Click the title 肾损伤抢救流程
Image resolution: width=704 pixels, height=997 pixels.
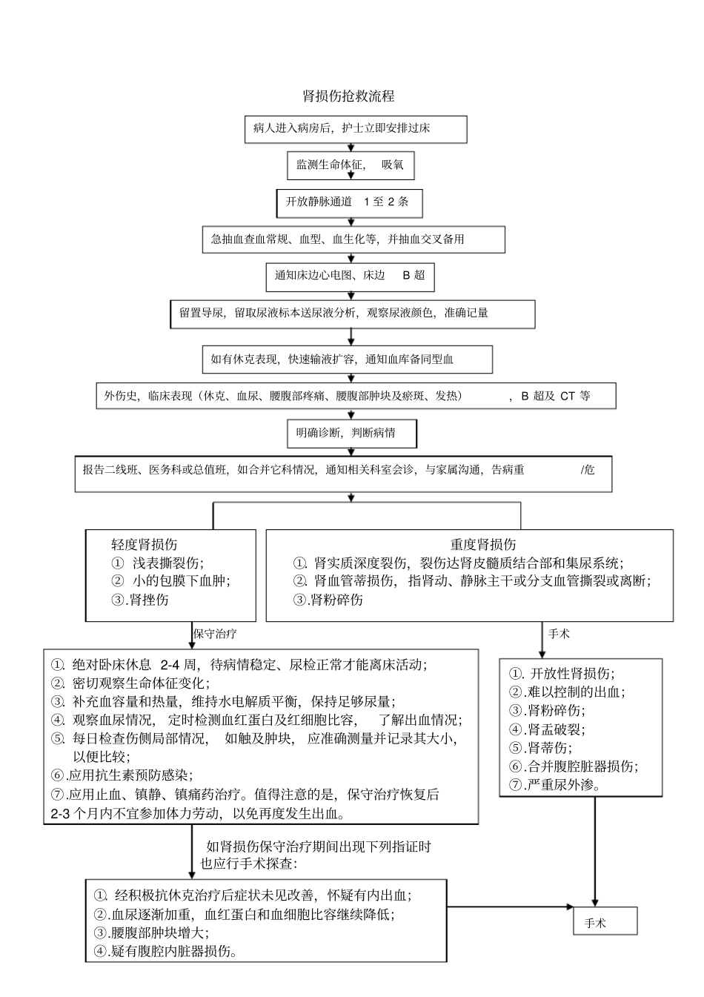click(348, 96)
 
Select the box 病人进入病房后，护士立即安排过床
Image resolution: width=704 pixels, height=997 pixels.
click(356, 129)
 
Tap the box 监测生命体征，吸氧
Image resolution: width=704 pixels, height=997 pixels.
click(351, 165)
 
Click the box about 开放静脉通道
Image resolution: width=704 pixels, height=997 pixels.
click(348, 202)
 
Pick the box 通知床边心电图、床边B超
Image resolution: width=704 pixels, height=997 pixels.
click(350, 276)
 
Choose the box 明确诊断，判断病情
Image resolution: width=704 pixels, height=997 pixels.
click(351, 433)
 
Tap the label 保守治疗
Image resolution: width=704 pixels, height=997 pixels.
click(215, 635)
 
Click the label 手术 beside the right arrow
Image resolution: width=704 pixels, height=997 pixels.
click(559, 635)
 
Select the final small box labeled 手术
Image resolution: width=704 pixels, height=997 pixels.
click(605, 923)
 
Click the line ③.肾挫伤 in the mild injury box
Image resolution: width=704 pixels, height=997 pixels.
click(140, 600)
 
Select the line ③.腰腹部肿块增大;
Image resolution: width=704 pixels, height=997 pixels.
click(151, 933)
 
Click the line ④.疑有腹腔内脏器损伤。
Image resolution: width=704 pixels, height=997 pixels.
click(165, 952)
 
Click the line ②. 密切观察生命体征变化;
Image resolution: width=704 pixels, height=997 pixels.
click(130, 683)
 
